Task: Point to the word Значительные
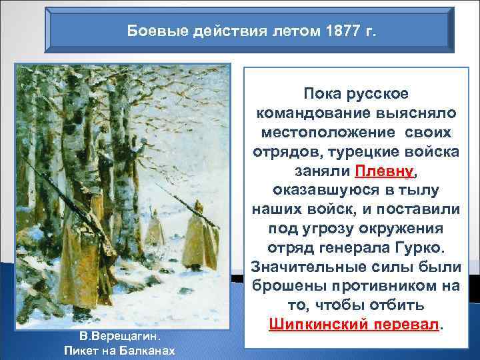[315, 266]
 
